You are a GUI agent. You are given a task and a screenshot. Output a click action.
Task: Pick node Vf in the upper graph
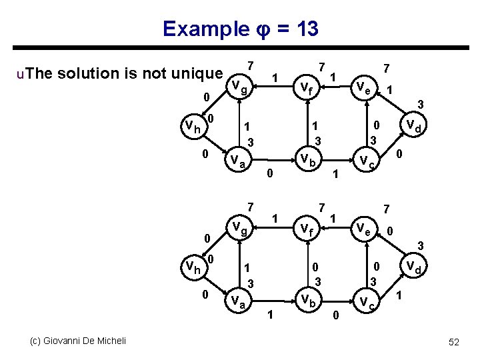[307, 87]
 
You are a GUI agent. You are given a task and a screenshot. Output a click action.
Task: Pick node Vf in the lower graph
[307, 230]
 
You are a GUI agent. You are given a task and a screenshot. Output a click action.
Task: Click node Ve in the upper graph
[363, 87]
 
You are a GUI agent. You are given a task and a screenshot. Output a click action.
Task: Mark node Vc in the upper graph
[366, 161]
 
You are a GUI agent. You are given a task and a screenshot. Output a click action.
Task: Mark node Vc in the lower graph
[366, 302]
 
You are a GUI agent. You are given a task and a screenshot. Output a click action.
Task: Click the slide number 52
[454, 342]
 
